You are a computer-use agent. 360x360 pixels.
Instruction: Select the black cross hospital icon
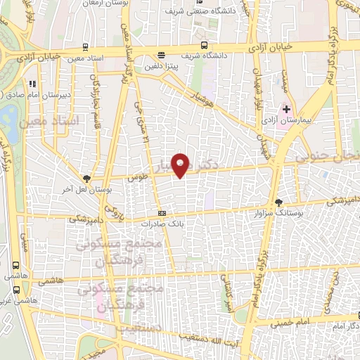coord(287,110)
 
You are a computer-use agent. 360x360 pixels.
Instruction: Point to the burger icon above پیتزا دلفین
coord(162,54)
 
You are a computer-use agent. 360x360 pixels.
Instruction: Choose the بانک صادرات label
coord(162,224)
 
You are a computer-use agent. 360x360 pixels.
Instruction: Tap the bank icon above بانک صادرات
coord(162,213)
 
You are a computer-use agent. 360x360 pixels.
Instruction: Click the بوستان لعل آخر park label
coord(87,190)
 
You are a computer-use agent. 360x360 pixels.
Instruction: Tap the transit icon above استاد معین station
coord(85,47)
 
